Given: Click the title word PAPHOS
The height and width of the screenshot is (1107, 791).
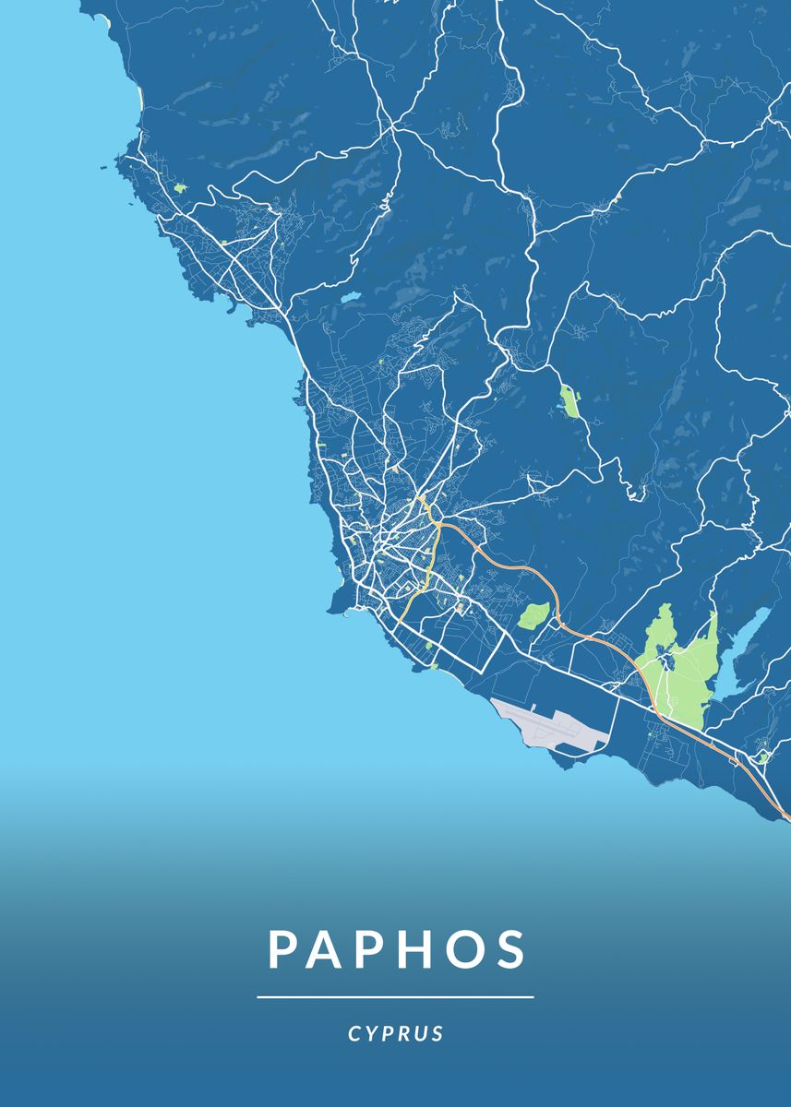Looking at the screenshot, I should tap(397, 949).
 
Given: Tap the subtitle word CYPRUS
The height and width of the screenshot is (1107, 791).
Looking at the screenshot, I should tap(396, 1034).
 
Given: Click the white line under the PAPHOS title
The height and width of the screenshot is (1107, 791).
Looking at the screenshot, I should tap(395, 997).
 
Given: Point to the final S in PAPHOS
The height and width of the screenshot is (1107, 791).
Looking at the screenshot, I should tap(509, 949).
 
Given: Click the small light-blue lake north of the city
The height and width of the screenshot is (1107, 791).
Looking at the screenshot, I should tap(350, 299).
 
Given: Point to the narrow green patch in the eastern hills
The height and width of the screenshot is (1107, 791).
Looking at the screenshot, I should tap(569, 402).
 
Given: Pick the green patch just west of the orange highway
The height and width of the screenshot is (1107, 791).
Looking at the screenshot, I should tap(533, 615).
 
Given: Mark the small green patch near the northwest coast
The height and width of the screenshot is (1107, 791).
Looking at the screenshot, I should tap(179, 188).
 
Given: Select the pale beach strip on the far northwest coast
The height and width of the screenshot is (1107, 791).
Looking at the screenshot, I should tap(138, 97).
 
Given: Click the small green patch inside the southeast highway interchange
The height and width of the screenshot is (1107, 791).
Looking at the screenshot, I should tap(763, 757).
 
